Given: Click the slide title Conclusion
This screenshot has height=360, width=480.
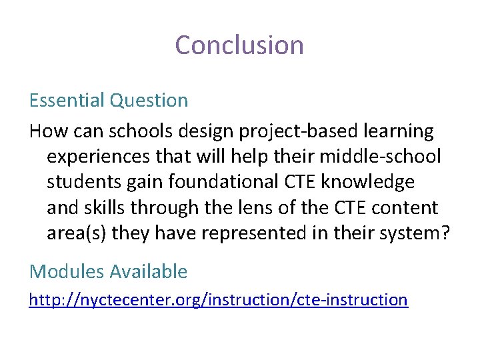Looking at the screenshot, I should point(239,45).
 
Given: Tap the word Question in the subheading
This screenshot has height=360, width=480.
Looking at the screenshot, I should point(149,101).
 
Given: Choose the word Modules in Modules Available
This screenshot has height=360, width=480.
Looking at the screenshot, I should point(67,271).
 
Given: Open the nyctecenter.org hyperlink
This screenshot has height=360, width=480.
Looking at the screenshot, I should point(218,300).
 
